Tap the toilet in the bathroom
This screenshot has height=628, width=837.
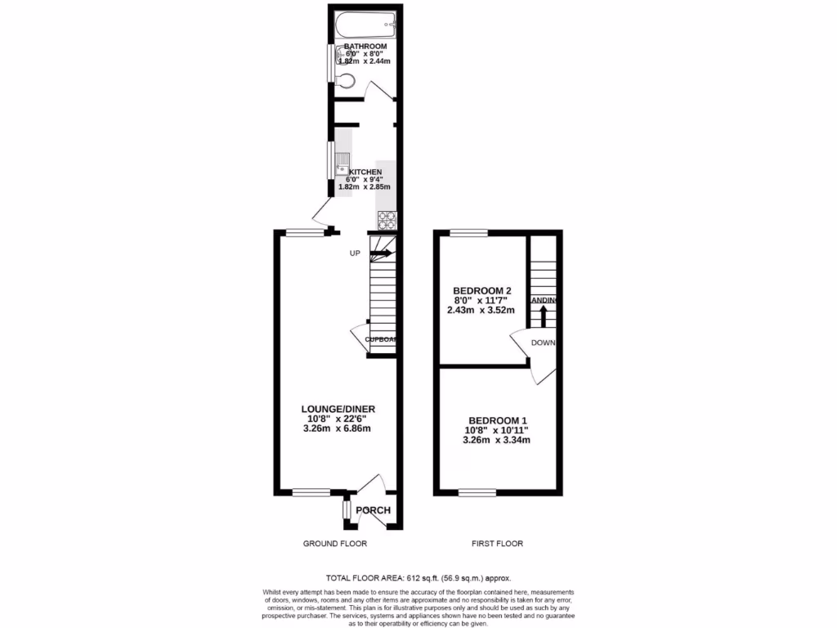click(x=346, y=80)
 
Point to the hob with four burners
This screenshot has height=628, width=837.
click(x=386, y=219)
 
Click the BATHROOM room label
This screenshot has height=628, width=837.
click(x=365, y=47)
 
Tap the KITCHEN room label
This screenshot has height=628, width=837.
click(x=365, y=172)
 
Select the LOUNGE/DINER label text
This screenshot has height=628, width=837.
click(x=338, y=409)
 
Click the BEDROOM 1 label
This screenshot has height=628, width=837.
click(x=496, y=419)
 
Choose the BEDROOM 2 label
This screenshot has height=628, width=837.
click(x=482, y=290)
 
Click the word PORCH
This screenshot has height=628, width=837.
click(x=372, y=511)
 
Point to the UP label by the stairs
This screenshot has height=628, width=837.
click(x=355, y=253)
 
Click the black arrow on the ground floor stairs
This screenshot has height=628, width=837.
click(x=382, y=253)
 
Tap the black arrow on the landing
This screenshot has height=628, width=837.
click(x=544, y=315)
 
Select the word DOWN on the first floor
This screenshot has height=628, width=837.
click(x=543, y=343)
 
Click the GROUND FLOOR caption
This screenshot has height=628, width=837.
click(x=334, y=543)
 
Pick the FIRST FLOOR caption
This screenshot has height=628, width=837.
click(x=497, y=543)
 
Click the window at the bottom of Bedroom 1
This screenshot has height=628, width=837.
click(x=477, y=492)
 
